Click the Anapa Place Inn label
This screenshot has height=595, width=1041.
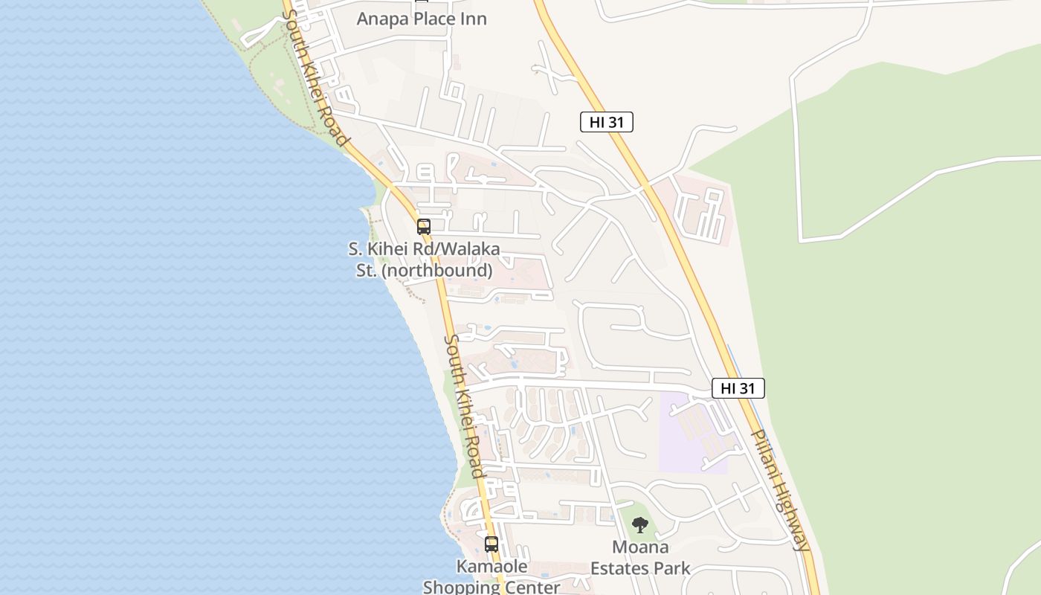pyautogui.click(x=422, y=19)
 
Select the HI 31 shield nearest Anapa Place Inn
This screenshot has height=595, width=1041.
pyautogui.click(x=606, y=122)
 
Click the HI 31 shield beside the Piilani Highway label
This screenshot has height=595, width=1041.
pyautogui.click(x=738, y=388)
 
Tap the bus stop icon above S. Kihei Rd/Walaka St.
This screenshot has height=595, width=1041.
pyautogui.click(x=424, y=227)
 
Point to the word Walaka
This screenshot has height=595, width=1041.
pyautogui.click(x=474, y=250)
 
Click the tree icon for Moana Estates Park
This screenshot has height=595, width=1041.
pyautogui.click(x=639, y=526)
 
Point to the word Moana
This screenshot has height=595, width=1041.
pyautogui.click(x=640, y=547)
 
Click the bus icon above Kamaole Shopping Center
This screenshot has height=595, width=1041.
pyautogui.click(x=492, y=544)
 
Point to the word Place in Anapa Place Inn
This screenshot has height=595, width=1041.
pyautogui.click(x=431, y=19)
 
